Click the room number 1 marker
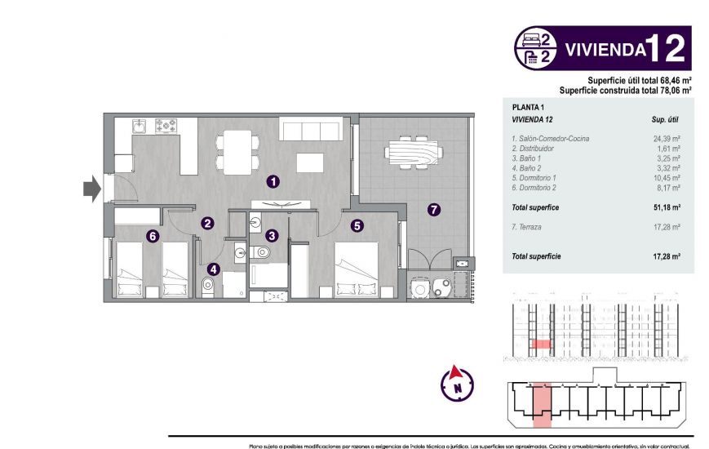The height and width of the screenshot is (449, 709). click(x=273, y=181)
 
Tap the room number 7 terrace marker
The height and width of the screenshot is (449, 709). click(x=433, y=209)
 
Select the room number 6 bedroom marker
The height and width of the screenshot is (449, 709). click(x=152, y=237)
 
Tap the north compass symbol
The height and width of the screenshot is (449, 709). click(x=458, y=382)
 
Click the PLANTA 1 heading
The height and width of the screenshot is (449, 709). click(x=527, y=107)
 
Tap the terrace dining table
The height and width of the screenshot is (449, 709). click(x=412, y=152)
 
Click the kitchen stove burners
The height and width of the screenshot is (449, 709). click(x=167, y=126)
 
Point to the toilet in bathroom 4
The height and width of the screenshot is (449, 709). click(x=206, y=285)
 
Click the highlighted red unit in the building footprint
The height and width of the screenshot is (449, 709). click(x=542, y=406)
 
